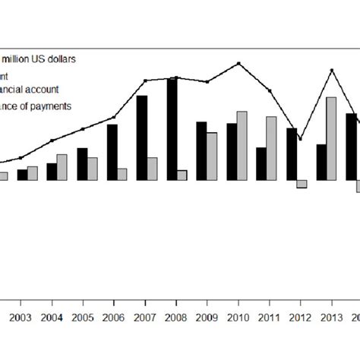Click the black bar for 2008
tap(172, 129)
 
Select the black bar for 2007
tap(142, 138)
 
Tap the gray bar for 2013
tap(331, 139)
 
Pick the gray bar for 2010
tap(242, 146)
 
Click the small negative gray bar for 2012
tap(302, 184)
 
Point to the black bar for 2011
tap(261, 163)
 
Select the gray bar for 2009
tap(212, 156)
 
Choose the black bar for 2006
tap(112, 152)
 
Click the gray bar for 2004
tap(62, 167)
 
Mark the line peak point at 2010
tap(240, 63)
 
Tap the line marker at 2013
tap(331, 71)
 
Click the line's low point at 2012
tap(300, 139)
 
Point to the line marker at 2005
tap(83, 129)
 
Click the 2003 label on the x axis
tap(21, 317)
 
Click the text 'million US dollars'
tap(46, 58)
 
